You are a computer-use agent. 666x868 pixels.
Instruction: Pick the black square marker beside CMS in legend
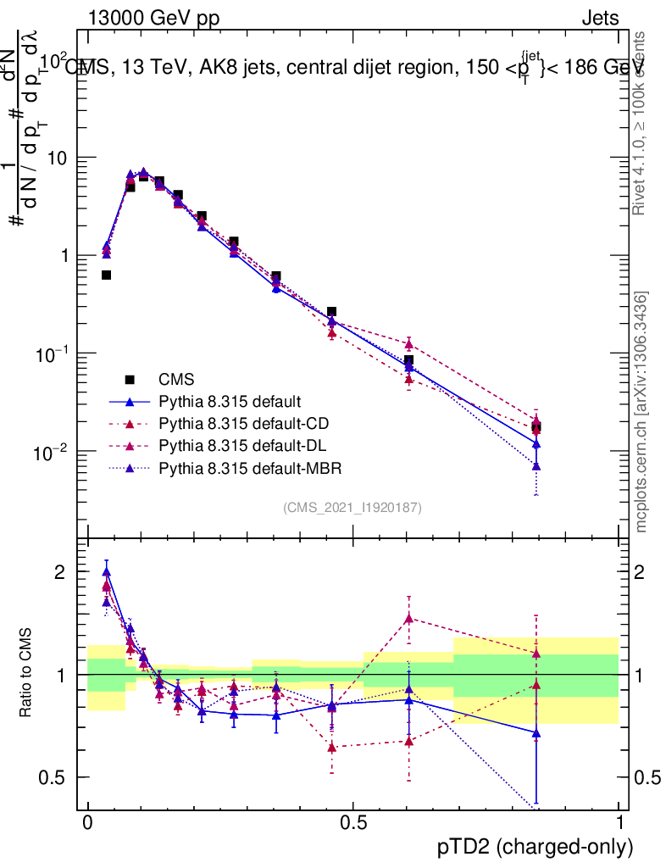[130, 379]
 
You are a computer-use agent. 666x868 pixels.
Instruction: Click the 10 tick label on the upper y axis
[58, 158]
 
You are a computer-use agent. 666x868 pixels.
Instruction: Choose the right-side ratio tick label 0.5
[645, 777]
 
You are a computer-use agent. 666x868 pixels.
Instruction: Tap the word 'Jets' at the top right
[600, 18]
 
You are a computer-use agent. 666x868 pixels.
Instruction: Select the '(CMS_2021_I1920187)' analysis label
[352, 507]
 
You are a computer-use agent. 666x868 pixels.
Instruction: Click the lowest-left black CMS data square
[107, 275]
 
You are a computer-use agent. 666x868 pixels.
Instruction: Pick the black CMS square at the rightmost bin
[536, 427]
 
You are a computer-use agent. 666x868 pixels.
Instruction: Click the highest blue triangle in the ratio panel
[107, 572]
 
